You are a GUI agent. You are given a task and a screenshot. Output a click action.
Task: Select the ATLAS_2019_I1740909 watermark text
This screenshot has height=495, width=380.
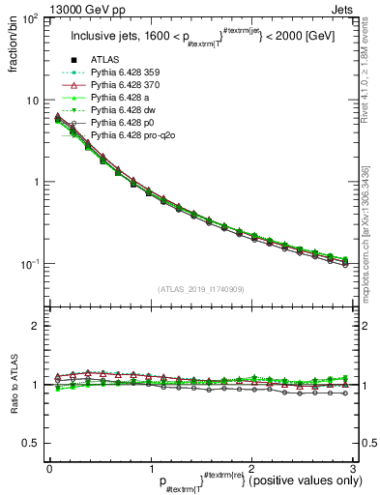click(x=198, y=289)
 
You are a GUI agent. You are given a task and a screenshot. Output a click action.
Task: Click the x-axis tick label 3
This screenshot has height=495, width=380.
click(x=353, y=468)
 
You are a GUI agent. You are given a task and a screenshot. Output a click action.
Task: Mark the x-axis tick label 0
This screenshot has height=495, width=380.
click(x=48, y=468)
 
